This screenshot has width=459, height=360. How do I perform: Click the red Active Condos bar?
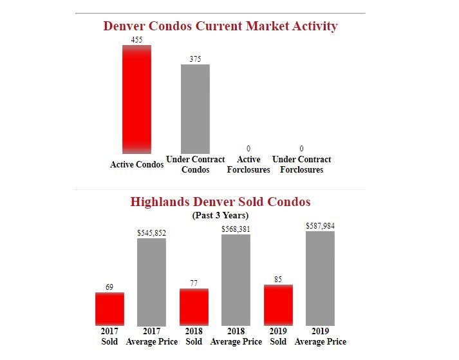(x=136, y=99)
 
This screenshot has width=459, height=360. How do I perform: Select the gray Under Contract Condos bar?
(x=195, y=109)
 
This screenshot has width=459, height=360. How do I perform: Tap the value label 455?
(x=136, y=40)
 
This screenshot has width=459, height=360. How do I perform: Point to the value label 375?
(x=195, y=59)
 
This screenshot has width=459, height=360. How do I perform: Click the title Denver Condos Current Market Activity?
(x=220, y=26)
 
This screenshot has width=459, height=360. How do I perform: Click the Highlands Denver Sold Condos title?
(x=220, y=202)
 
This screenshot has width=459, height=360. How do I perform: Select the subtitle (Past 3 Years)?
(x=220, y=215)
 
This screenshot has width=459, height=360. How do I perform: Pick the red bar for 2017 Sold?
(x=109, y=309)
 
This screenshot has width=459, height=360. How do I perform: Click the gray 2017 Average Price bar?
(x=151, y=282)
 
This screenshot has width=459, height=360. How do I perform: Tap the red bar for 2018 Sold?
(x=194, y=307)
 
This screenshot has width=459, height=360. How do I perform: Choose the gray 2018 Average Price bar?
(x=236, y=280)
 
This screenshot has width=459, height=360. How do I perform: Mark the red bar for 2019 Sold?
(x=278, y=305)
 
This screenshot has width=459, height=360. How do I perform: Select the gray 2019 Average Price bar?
(x=320, y=278)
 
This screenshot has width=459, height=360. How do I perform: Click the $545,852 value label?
(x=151, y=232)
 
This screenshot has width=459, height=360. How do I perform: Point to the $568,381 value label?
(x=236, y=229)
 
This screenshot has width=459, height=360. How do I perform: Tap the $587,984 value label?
(x=320, y=226)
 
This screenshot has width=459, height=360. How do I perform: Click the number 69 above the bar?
(x=109, y=287)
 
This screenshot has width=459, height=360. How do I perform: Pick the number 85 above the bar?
(x=278, y=279)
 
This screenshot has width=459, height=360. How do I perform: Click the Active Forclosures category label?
(x=248, y=164)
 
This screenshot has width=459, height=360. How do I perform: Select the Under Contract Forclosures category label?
(x=301, y=164)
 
